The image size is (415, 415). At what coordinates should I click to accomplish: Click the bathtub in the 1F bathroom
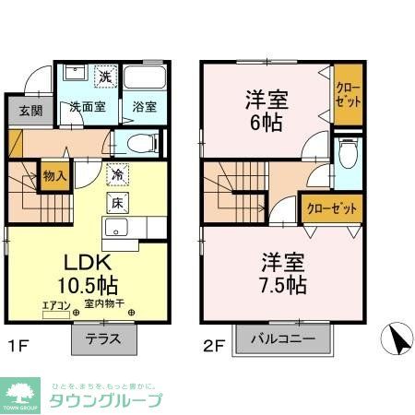(144, 78)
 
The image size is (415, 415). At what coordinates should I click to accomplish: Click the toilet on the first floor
(140, 143)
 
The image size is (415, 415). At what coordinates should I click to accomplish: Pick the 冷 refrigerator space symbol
(118, 172)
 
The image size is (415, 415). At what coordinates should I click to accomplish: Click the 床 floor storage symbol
(118, 201)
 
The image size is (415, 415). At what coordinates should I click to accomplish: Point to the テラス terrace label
(104, 338)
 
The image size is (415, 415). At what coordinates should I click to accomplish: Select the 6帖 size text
(266, 121)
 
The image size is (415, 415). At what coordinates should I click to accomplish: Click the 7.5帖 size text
(277, 284)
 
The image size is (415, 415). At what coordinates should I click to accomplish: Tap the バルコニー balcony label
(281, 338)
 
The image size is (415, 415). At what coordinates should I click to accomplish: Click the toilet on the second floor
(347, 157)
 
